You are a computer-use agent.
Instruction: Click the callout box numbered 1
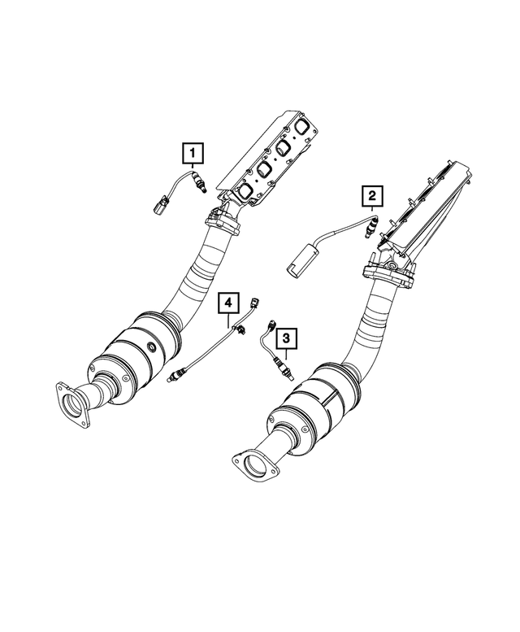pyautogui.click(x=192, y=151)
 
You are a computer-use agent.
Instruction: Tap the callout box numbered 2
pyautogui.click(x=371, y=195)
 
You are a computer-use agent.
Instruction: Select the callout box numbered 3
pyautogui.click(x=284, y=335)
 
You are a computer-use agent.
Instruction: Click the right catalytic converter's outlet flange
pyautogui.click(x=253, y=467)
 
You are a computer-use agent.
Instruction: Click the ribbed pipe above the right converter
pyautogui.click(x=378, y=313)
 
